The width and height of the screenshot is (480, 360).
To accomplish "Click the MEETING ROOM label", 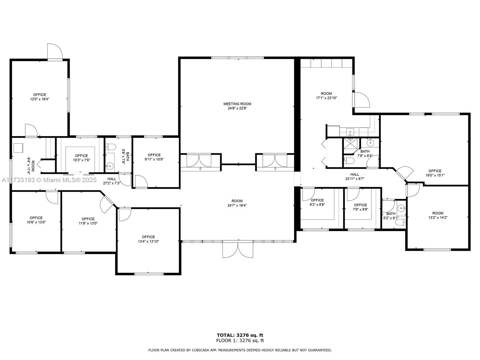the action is click(237, 104).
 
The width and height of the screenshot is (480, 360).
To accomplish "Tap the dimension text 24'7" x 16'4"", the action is click(237, 205).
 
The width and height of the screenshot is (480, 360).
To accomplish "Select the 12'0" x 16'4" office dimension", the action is click(40, 99).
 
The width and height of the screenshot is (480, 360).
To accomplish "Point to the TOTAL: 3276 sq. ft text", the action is click(240, 335).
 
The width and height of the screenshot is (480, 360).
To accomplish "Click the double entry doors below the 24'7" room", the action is click(238, 250).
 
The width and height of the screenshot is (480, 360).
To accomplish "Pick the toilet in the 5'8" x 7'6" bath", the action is click(110, 147).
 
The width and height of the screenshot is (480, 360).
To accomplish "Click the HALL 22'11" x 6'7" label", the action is click(355, 176).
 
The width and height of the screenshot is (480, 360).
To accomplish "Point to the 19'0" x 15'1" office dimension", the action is click(435, 175).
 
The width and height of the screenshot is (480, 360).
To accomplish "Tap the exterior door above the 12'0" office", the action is click(55, 52).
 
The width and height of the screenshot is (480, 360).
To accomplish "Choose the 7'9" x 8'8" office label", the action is click(360, 207).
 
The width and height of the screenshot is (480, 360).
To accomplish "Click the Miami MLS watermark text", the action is click(49, 180).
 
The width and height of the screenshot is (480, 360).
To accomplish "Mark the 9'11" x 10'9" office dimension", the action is click(154, 159).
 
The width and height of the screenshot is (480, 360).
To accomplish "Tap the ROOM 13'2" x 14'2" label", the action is click(438, 215).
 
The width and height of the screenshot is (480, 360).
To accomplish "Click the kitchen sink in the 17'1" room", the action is click(350, 132).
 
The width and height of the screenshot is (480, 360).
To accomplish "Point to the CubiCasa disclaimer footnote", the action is click(240, 350).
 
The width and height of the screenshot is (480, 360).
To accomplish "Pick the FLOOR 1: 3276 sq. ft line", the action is click(240, 340).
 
